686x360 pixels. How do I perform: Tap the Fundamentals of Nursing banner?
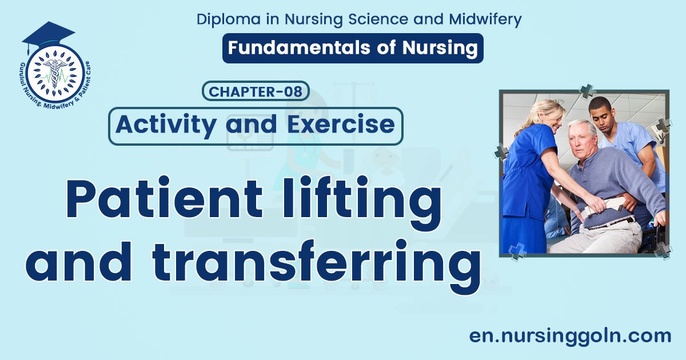coord(353,48)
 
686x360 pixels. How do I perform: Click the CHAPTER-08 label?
coord(256,91)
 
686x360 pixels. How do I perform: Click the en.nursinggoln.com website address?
coord(570,335)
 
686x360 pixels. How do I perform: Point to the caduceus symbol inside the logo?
coord(55,73)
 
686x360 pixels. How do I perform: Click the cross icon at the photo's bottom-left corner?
coord(517,251)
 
